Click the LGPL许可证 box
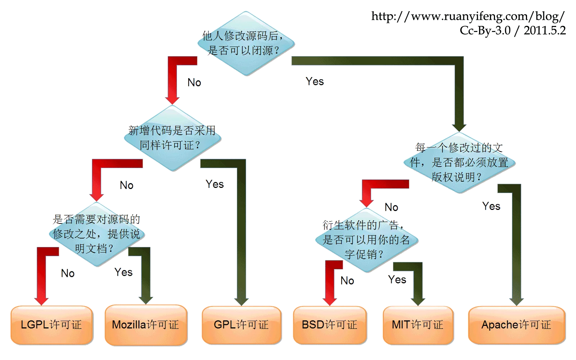(x=51, y=325)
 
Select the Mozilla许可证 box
(x=145, y=325)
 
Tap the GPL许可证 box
(x=241, y=325)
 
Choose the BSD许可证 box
(x=329, y=325)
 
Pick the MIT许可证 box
(x=418, y=325)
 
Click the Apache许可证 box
(x=516, y=325)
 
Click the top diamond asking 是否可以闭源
(x=246, y=43)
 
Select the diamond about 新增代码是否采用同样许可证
(x=172, y=138)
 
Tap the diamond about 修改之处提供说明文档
(x=96, y=234)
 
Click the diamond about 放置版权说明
(x=459, y=162)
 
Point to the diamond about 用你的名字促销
(x=366, y=240)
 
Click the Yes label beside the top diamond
(x=315, y=81)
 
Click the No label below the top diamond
(x=194, y=82)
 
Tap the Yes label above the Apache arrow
(x=491, y=206)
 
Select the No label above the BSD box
(x=347, y=280)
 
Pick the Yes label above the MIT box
(x=397, y=280)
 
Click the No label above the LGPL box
(x=68, y=273)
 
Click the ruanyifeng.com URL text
(x=468, y=16)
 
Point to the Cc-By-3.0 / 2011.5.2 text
(x=513, y=30)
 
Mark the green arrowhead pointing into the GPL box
(x=241, y=301)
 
